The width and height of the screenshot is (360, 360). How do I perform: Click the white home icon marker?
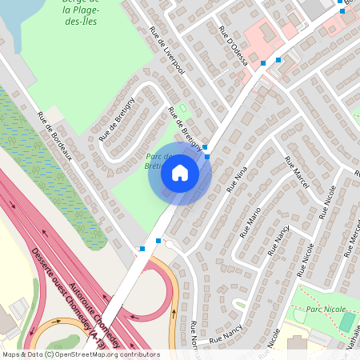(180, 173)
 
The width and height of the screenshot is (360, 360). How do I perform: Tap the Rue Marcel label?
(296, 169)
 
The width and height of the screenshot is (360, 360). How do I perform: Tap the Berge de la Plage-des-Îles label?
(81, 12)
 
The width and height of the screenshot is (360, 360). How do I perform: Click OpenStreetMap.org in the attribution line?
(86, 354)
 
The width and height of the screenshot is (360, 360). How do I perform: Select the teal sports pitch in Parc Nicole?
(346, 322)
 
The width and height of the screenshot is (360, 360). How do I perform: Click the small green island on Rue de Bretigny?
(182, 107)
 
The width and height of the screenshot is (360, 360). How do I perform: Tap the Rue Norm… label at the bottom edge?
(193, 339)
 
